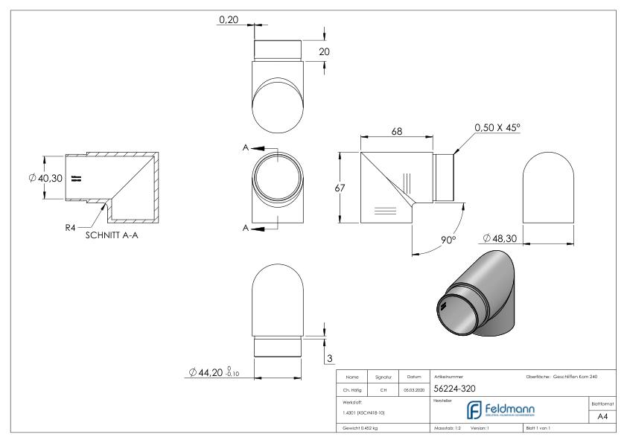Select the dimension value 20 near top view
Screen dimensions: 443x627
click(324, 51)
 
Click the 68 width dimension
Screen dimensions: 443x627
click(397, 132)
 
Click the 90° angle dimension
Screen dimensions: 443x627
click(448, 240)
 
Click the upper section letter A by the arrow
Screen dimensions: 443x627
click(245, 147)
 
